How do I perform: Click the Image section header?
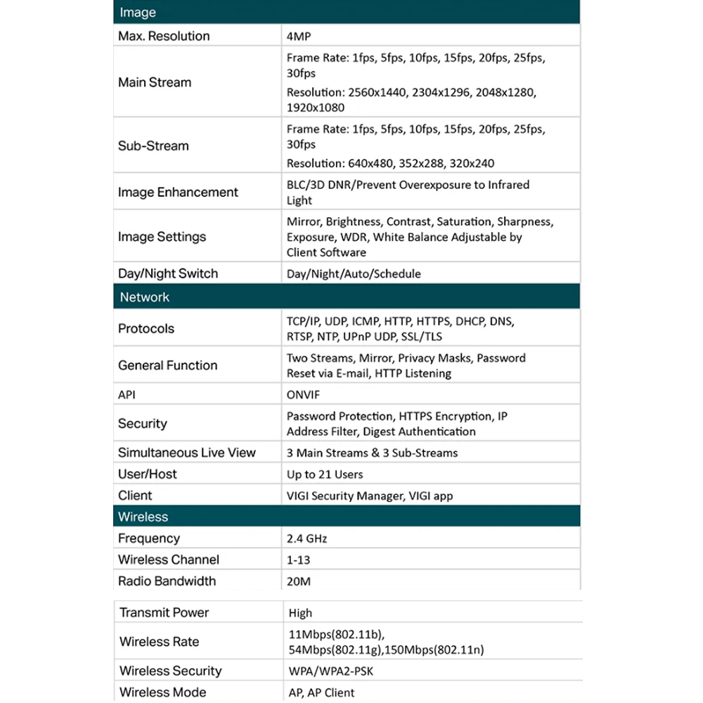138,13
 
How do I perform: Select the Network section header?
144,297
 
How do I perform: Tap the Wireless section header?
143,517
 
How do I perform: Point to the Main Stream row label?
155,82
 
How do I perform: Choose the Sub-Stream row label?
153,146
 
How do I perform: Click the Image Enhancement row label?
178,192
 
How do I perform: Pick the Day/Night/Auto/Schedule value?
354,273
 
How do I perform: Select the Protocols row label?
146,328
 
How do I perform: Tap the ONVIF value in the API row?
303,394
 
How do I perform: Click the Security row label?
143,423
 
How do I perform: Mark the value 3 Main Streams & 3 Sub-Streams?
372,453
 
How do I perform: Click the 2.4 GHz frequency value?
307,538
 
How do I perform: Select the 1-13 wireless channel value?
298,560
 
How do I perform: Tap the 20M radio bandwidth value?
299,582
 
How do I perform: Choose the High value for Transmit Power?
300,613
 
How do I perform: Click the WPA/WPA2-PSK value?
331,671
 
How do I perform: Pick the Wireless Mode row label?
163,692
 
